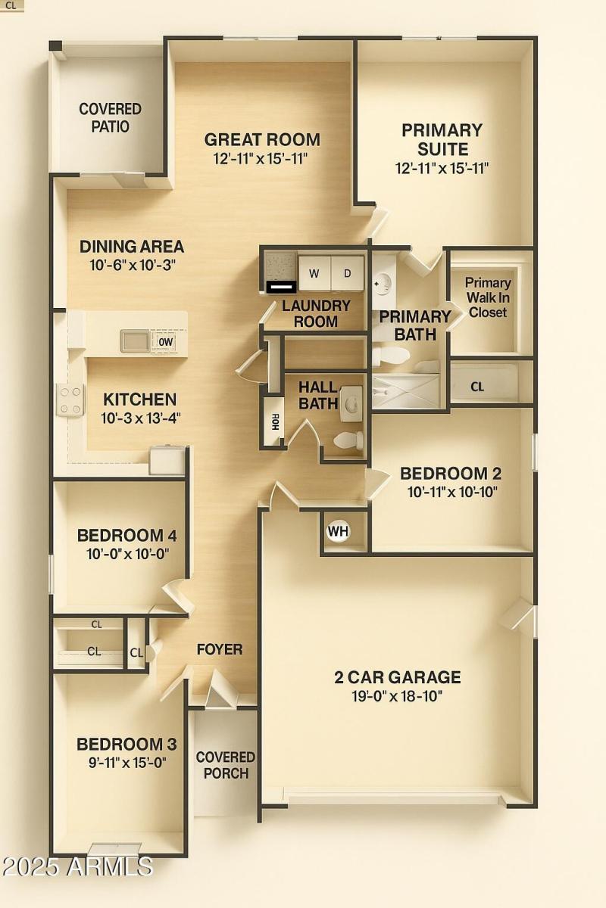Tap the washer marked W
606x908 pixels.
pos(314,273)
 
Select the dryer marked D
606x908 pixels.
pos(348,273)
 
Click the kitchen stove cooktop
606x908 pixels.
pos(70,400)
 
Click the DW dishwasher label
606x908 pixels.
pos(166,342)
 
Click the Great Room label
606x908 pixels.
pos(262,140)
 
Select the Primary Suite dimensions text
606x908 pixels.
pos(442,168)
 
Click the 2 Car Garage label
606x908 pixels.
pos(398,677)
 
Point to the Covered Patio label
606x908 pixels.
pos(110,118)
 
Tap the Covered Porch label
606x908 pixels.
pos(226,765)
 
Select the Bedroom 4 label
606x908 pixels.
pos(127,536)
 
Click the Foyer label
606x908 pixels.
pos(220,649)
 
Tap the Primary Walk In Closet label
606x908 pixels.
pos(488,297)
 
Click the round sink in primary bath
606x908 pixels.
pos(383,285)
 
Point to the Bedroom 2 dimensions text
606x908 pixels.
pos(451,492)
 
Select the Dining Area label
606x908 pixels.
pos(132,247)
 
